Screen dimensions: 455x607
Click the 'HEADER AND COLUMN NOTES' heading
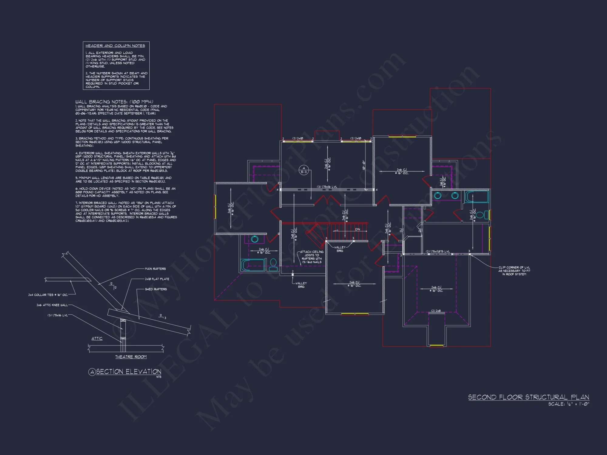pyautogui.click(x=115, y=46)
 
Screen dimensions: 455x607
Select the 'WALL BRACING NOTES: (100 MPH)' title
pyautogui.click(x=114, y=102)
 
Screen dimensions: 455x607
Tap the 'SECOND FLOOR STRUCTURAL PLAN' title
pyautogui.click(x=528, y=397)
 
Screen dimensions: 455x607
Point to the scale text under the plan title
pyautogui.click(x=568, y=404)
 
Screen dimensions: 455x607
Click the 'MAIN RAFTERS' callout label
pyautogui.click(x=155, y=269)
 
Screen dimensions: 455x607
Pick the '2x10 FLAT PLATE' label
pyautogui.click(x=157, y=279)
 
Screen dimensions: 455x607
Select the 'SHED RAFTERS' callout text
pyautogui.click(x=156, y=289)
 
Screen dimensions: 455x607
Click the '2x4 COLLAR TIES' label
pyautogui.click(x=48, y=295)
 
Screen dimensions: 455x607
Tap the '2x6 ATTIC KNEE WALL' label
pyautogui.click(x=52, y=305)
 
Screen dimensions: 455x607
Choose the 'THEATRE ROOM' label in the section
pyautogui.click(x=131, y=357)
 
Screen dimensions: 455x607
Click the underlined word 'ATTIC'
pyautogui.click(x=97, y=339)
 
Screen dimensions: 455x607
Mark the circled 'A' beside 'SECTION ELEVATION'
pyautogui.click(x=92, y=372)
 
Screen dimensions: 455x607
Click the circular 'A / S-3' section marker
pyautogui.click(x=303, y=170)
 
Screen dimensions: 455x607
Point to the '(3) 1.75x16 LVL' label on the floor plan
pyautogui.click(x=327, y=187)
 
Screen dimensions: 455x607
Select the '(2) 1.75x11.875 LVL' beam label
pyautogui.click(x=438, y=251)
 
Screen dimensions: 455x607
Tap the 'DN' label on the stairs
pyautogui.click(x=358, y=229)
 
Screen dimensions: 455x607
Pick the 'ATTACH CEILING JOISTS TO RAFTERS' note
pyautogui.click(x=312, y=257)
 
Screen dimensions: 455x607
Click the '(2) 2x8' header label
pyautogui.click(x=436, y=311)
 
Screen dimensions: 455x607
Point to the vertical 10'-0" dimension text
pyautogui.click(x=363, y=165)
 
